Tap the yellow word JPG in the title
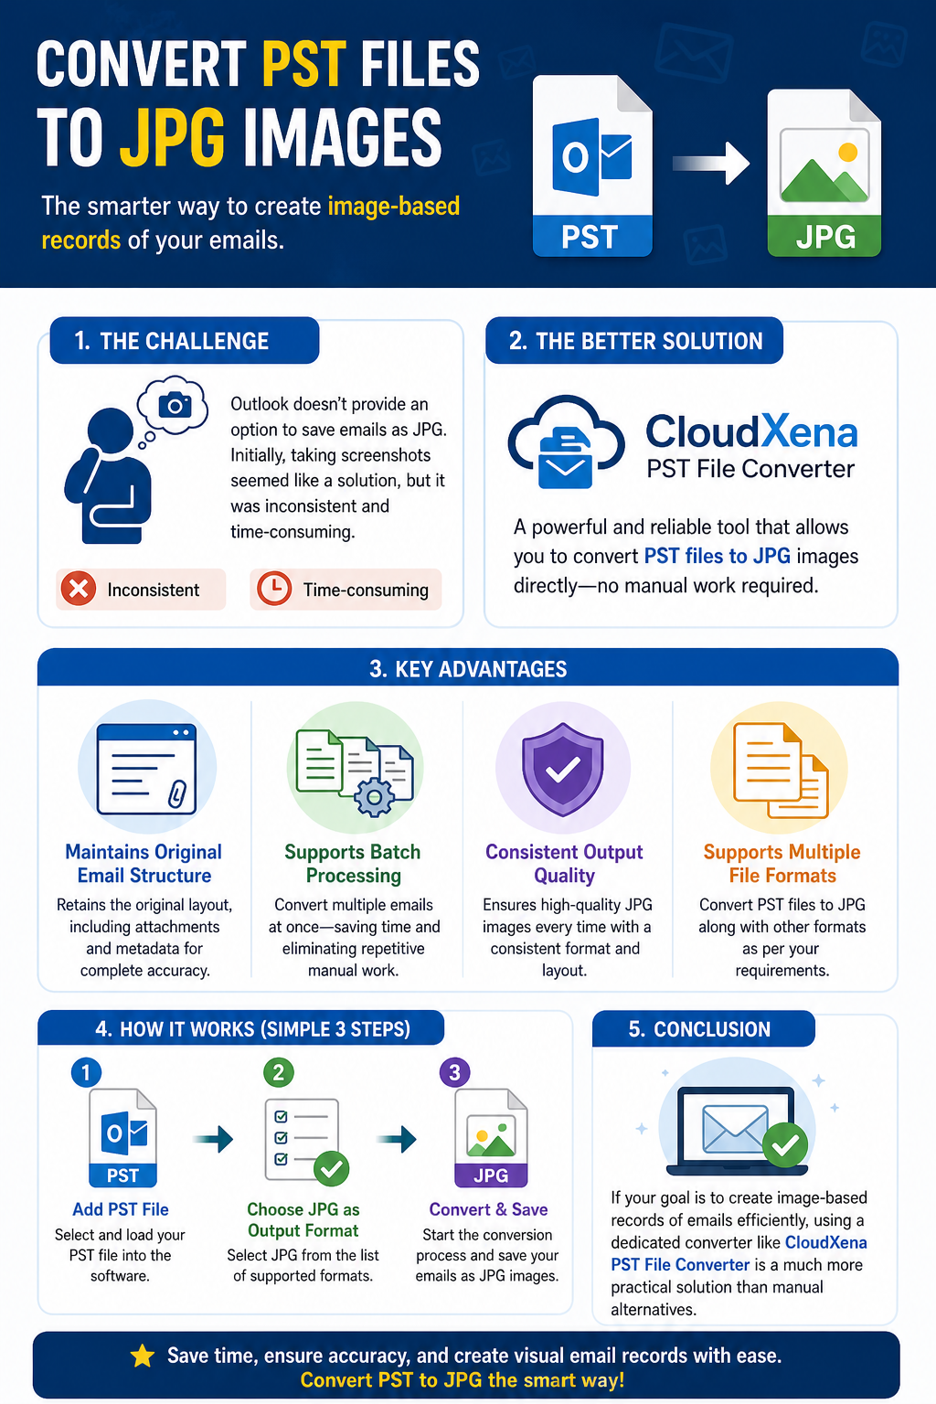(x=172, y=137)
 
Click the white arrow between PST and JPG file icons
(x=711, y=163)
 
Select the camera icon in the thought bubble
(x=175, y=405)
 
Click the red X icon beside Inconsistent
(x=79, y=589)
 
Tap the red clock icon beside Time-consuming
(x=274, y=589)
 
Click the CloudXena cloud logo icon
(x=566, y=441)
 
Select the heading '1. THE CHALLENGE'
(x=171, y=341)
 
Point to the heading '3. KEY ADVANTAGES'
(x=468, y=669)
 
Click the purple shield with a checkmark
(x=563, y=769)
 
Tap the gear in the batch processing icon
(x=374, y=797)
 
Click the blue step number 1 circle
(x=87, y=1072)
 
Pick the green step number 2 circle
(x=279, y=1072)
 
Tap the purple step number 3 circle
(x=455, y=1072)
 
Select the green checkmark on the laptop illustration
(x=785, y=1145)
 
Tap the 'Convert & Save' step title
(x=488, y=1209)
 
